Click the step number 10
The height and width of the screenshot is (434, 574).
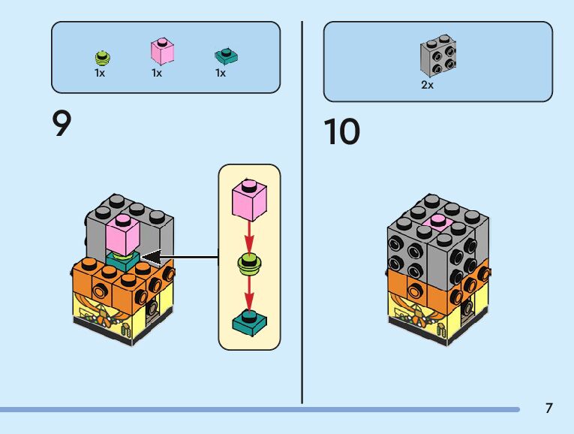tap(341, 132)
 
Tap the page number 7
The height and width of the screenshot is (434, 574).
tap(548, 408)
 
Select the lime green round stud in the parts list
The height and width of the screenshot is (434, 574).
tap(103, 57)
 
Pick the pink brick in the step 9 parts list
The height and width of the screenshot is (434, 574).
tap(162, 52)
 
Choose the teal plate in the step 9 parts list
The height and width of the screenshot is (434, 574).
tap(224, 55)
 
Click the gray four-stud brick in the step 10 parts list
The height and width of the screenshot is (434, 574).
tap(439, 56)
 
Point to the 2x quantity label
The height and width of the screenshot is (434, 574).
tap(427, 86)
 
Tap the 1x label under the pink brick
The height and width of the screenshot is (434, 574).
tap(157, 74)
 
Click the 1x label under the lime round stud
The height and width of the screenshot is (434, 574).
tap(100, 74)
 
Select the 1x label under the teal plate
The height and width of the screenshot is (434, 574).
tap(221, 74)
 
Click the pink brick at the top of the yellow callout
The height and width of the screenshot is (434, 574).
tap(250, 199)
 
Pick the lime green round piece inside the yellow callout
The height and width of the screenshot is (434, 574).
tap(249, 263)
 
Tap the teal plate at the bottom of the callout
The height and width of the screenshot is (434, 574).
tap(249, 323)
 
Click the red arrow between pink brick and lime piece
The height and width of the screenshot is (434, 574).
tap(250, 237)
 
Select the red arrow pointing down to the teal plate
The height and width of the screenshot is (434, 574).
tap(250, 293)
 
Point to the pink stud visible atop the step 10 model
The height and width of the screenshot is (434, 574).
tap(437, 220)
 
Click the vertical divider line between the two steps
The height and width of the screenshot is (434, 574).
tap(302, 210)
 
